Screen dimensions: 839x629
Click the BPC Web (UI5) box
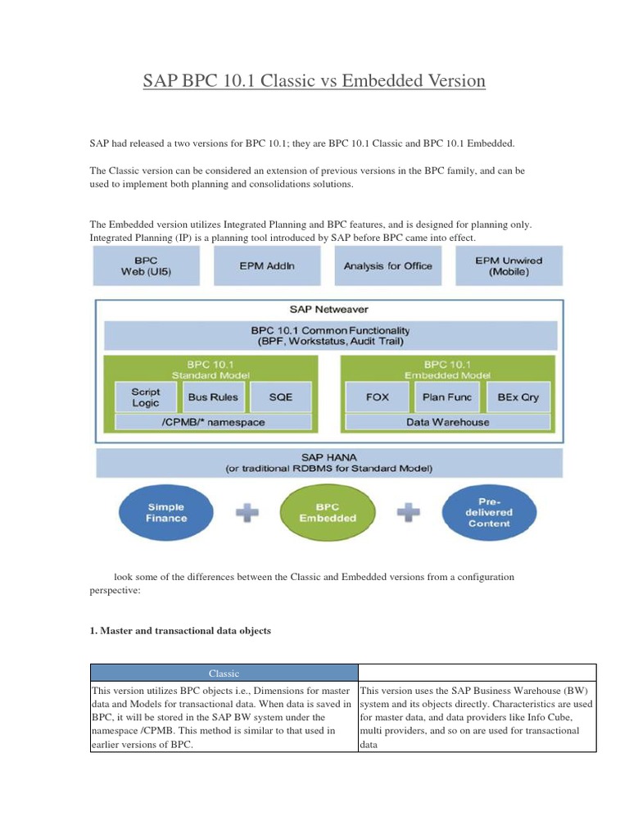tap(145, 266)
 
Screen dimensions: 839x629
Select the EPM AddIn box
tap(267, 266)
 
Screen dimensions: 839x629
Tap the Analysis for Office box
tap(387, 266)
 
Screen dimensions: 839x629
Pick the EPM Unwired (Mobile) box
tap(509, 266)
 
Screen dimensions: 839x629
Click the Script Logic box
tap(145, 397)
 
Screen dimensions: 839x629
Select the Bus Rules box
tap(213, 397)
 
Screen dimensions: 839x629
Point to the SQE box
tap(280, 397)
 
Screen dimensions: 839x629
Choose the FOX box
tap(378, 397)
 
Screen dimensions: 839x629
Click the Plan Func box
tap(445, 397)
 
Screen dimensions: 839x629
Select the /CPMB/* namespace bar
tap(213, 422)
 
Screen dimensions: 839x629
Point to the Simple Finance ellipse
tap(166, 511)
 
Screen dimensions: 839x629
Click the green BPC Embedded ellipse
tap(328, 511)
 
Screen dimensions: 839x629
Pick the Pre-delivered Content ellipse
tap(489, 511)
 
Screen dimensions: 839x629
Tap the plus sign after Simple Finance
tap(247, 513)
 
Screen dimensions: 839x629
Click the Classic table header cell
tap(223, 673)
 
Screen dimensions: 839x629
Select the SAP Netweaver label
tap(328, 310)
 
